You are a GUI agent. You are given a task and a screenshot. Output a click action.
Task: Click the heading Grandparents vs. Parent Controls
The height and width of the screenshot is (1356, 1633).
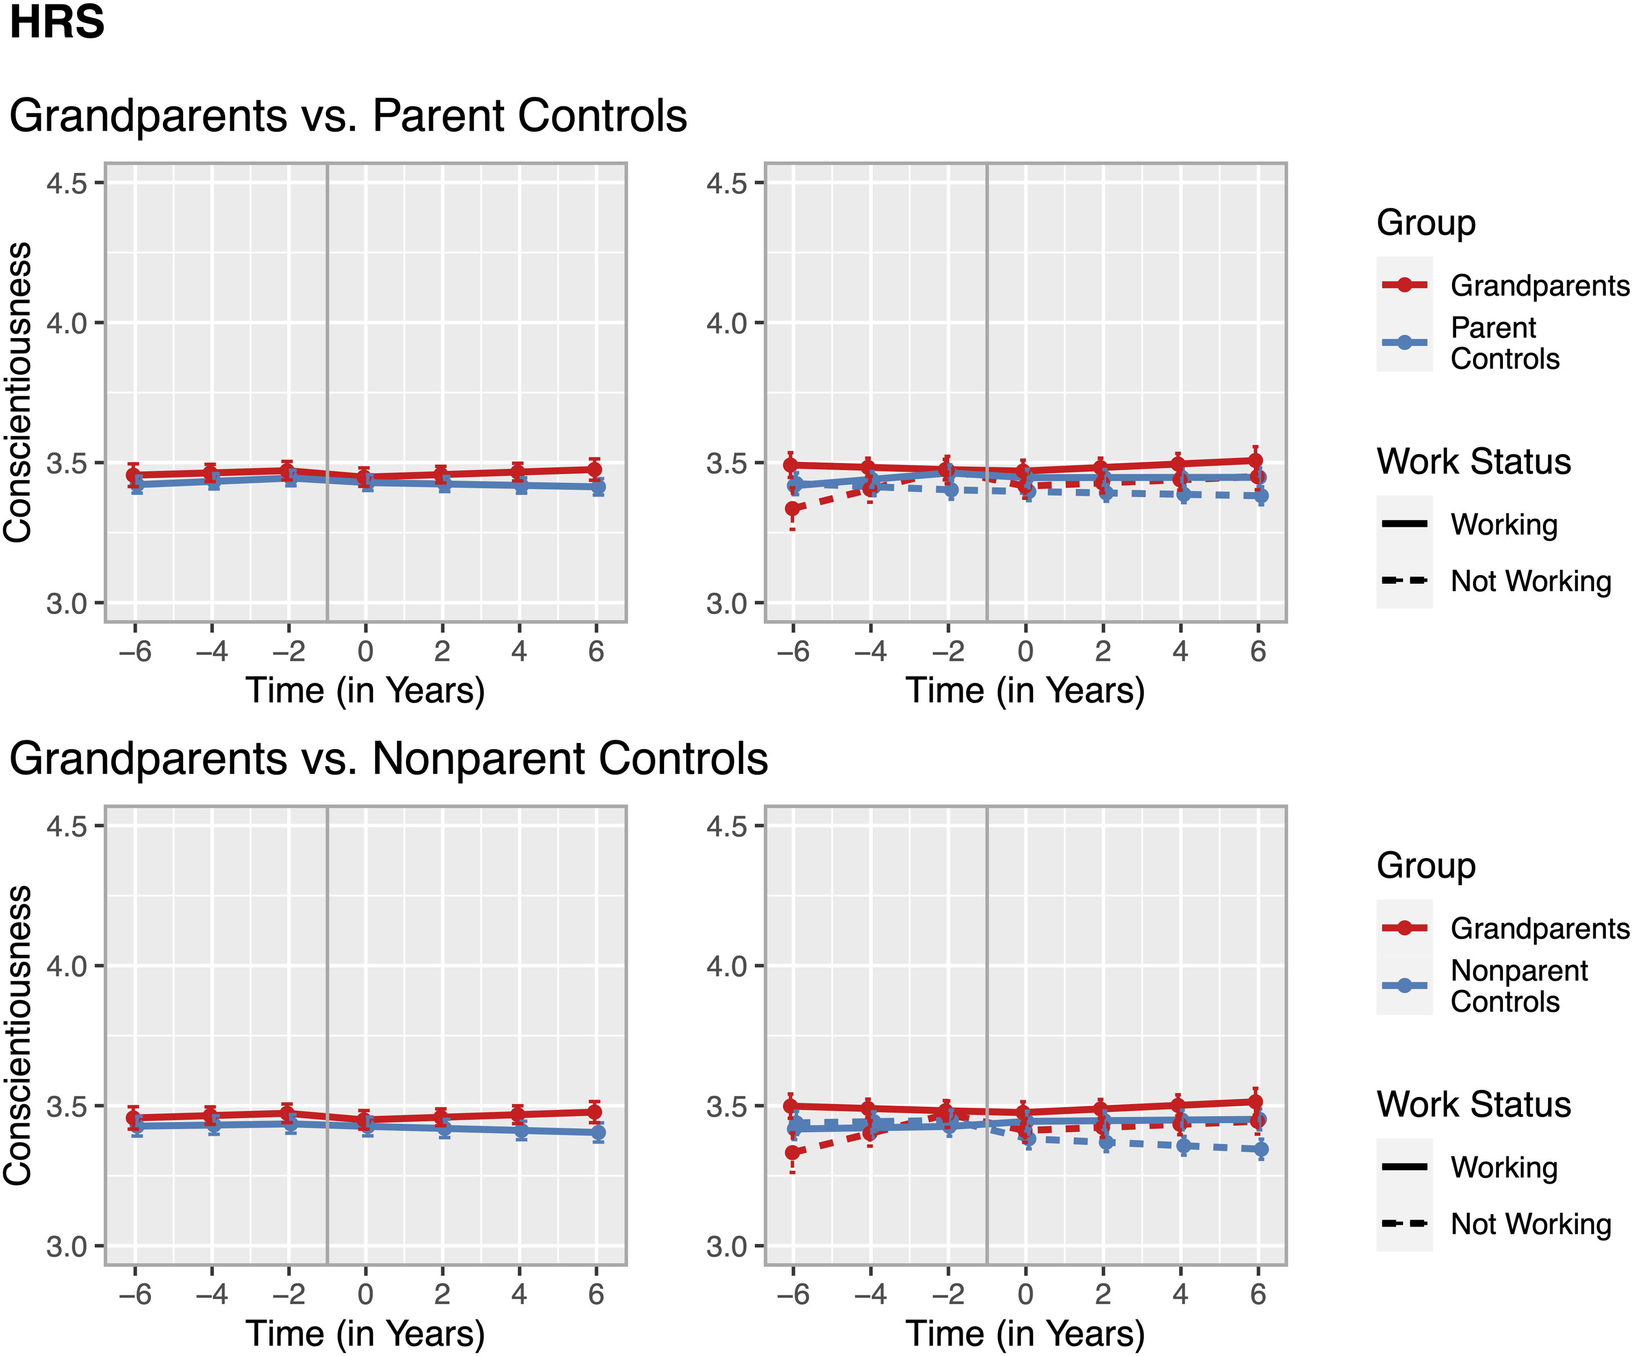tap(348, 116)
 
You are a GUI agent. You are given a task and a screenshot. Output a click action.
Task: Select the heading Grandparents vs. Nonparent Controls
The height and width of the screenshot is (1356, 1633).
tap(389, 759)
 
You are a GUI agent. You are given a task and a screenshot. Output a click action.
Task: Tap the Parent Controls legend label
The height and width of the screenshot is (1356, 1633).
tap(1505, 343)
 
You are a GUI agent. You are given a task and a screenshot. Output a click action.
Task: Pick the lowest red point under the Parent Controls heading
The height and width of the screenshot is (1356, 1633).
tap(793, 509)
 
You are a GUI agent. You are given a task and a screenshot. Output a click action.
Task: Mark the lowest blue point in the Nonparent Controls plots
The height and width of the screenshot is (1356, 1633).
tap(1261, 1149)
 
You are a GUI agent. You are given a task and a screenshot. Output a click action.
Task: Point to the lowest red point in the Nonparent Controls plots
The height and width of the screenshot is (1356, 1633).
tap(793, 1152)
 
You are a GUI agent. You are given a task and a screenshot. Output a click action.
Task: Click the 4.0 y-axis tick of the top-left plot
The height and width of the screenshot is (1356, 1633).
tap(67, 323)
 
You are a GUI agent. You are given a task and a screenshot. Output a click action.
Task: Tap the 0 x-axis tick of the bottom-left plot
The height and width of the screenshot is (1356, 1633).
tap(366, 1294)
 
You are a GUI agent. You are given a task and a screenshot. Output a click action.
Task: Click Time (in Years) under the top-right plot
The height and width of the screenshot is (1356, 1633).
tap(1025, 691)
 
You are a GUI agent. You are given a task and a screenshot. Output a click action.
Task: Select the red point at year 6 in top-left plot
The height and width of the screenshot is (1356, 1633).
tap(594, 469)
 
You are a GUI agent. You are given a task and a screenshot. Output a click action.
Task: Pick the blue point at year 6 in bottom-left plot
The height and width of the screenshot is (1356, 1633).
tap(597, 1133)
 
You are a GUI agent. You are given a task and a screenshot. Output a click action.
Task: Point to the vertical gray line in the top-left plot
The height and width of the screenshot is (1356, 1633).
tap(327, 393)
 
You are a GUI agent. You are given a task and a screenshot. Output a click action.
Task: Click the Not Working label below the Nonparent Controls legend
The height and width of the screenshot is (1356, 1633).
tap(1531, 1224)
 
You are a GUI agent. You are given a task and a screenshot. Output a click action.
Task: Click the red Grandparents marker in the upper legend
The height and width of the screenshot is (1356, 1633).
tap(1404, 284)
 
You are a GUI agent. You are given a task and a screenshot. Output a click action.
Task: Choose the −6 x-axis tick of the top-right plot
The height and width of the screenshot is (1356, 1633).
tap(793, 651)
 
